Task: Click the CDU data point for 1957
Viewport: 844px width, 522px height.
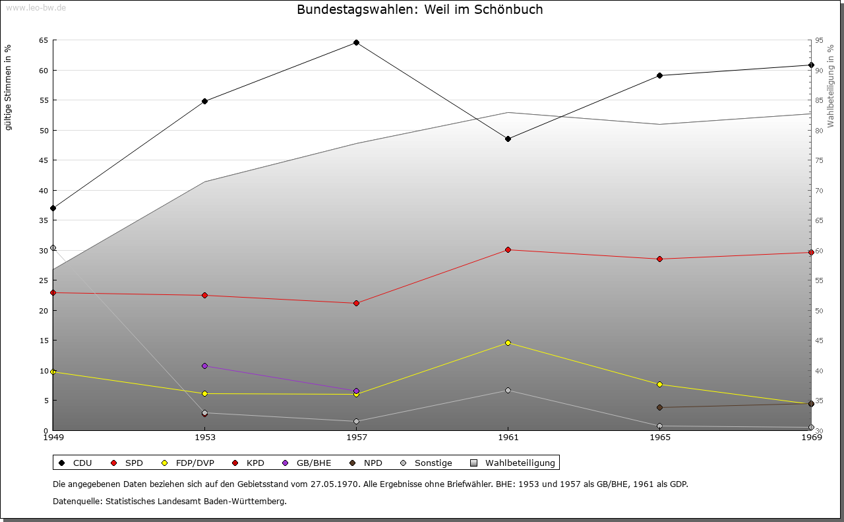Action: click(357, 43)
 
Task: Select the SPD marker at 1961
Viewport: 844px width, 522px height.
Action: click(508, 249)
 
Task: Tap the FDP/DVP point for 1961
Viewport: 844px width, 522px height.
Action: click(508, 343)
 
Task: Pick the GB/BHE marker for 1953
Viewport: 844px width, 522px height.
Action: click(204, 366)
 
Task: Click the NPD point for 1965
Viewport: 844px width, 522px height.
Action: click(660, 407)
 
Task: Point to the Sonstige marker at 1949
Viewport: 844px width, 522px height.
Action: click(53, 247)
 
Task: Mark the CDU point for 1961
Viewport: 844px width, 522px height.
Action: click(508, 139)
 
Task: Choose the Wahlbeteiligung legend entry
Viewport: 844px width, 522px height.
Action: click(513, 463)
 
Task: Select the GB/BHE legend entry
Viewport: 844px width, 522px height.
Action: click(307, 463)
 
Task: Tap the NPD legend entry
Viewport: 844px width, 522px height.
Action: click(366, 463)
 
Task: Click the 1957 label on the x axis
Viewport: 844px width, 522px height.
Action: click(357, 438)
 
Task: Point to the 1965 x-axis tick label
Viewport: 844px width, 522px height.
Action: click(660, 438)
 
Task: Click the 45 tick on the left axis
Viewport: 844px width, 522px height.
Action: click(44, 160)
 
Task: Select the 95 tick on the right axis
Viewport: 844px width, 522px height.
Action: click(819, 40)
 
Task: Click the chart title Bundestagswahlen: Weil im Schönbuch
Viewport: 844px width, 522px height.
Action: click(420, 9)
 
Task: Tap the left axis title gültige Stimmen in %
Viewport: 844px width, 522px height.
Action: click(8, 88)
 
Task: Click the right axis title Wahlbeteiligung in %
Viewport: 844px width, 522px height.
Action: click(830, 86)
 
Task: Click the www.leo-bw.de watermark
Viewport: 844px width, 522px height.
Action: click(36, 7)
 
